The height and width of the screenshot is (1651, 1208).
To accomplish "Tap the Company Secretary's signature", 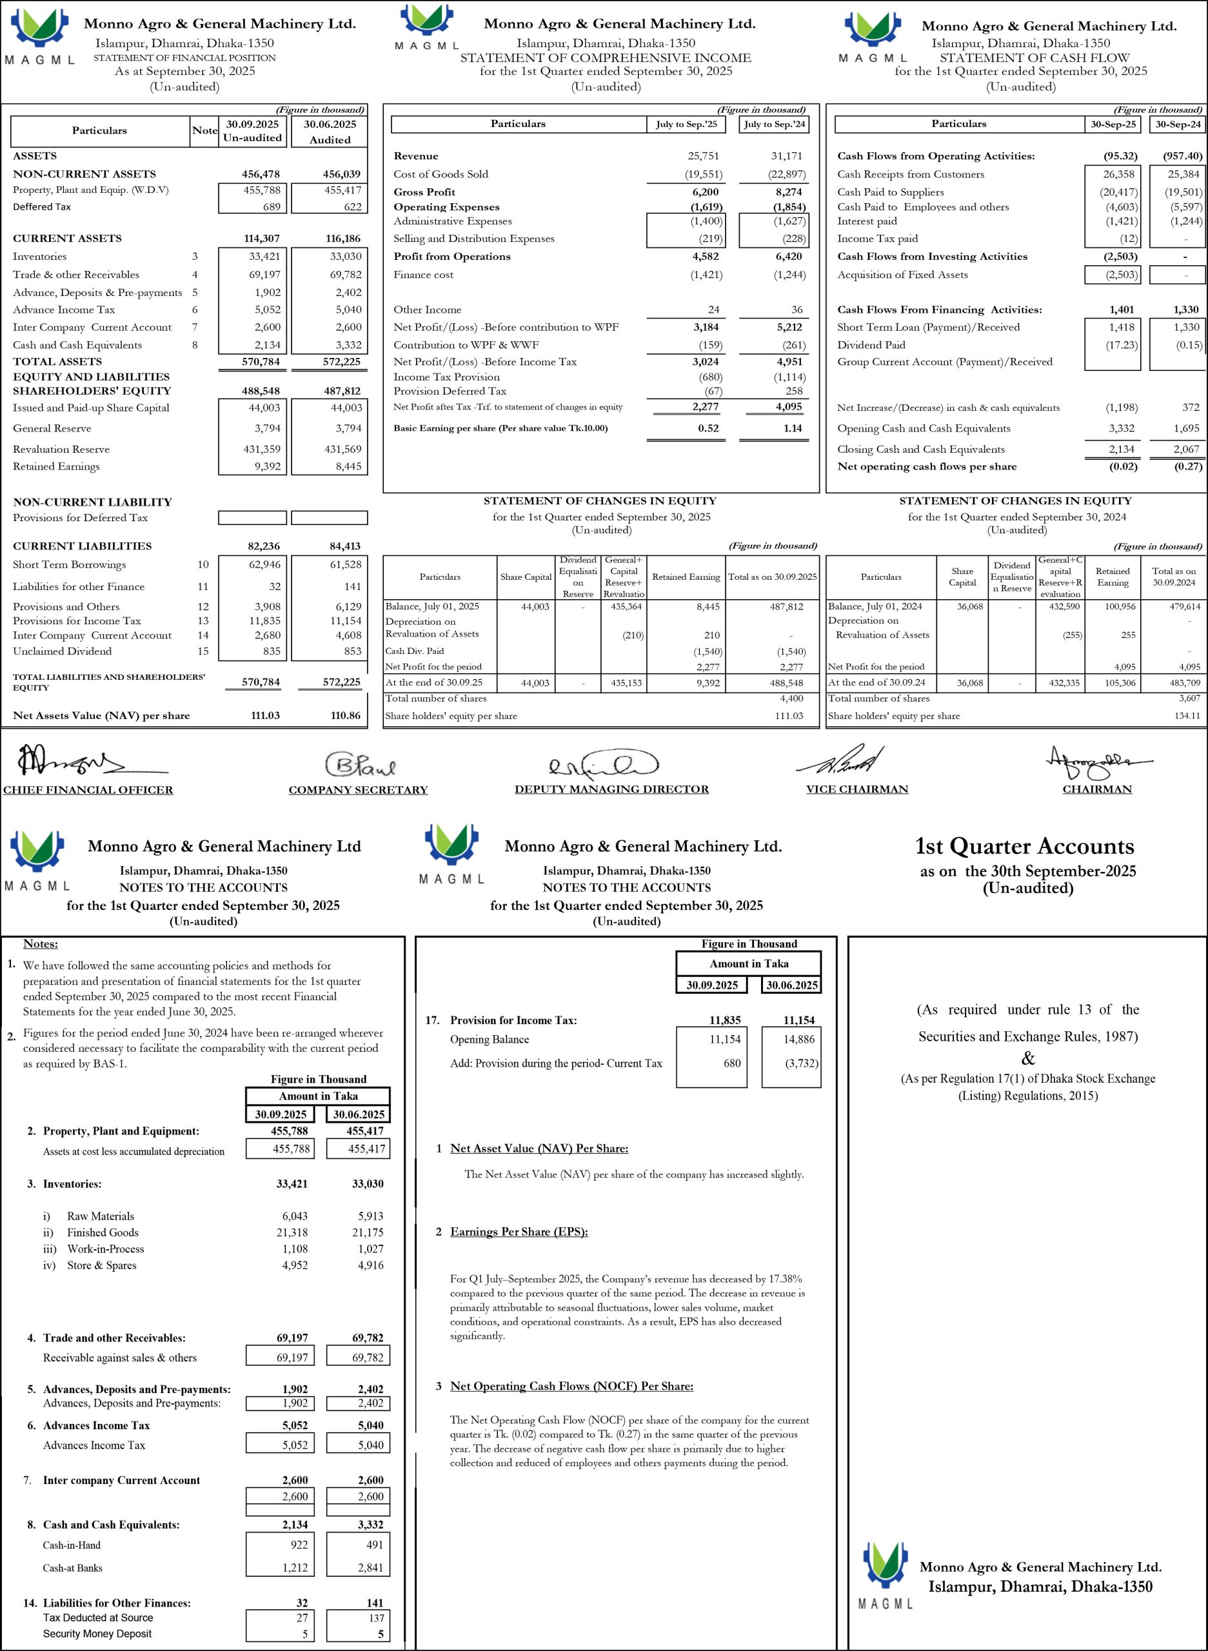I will pyautogui.click(x=360, y=764).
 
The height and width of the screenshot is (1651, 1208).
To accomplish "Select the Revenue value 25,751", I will pyautogui.click(x=705, y=155).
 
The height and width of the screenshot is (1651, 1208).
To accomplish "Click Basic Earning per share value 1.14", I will pyautogui.click(x=792, y=428).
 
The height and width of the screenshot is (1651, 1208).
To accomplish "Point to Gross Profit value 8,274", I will pyautogui.click(x=788, y=192).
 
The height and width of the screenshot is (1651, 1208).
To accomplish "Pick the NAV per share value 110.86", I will pyautogui.click(x=345, y=715).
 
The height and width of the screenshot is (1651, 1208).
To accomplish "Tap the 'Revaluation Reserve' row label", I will pyautogui.click(x=61, y=449).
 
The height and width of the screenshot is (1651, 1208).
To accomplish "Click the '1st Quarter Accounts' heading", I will pyautogui.click(x=1024, y=846).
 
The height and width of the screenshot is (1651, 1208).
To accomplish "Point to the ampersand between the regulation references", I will pyautogui.click(x=1028, y=1058).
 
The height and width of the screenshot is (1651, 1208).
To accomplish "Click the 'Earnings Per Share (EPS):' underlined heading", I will pyautogui.click(x=519, y=1232).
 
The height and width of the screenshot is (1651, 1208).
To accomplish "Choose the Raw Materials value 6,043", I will pyautogui.click(x=295, y=1216).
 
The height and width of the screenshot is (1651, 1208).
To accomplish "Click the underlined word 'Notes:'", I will pyautogui.click(x=40, y=944).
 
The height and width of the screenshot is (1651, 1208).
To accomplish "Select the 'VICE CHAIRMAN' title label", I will pyautogui.click(x=857, y=789).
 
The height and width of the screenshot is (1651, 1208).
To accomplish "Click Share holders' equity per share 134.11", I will pyautogui.click(x=1186, y=716).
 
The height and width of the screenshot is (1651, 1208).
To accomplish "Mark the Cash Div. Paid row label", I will pyautogui.click(x=414, y=651).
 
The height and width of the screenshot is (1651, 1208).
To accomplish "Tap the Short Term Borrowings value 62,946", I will pyautogui.click(x=262, y=564).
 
